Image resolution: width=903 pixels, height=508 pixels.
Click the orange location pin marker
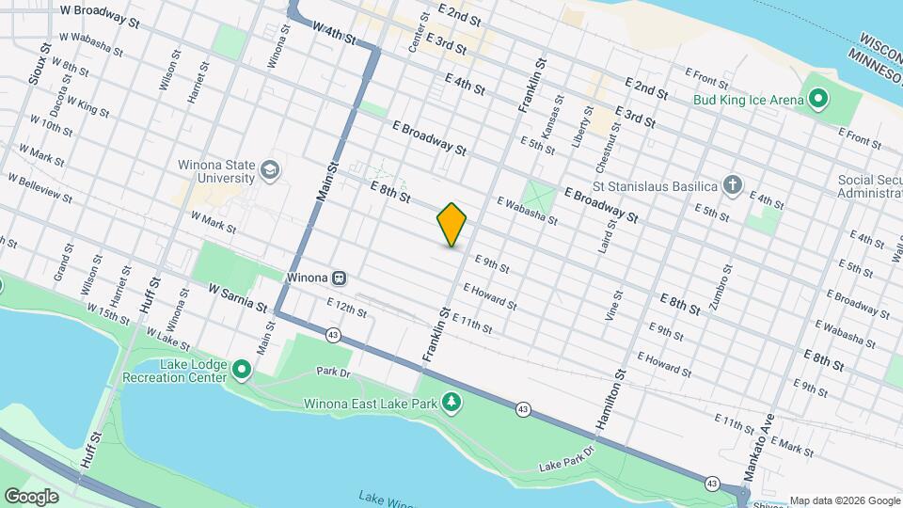click(x=451, y=224)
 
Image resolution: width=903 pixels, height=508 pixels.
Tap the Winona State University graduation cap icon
click(x=270, y=170)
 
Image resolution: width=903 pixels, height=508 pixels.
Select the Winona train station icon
click(x=340, y=278)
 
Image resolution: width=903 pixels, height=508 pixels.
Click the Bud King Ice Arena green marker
click(x=817, y=99)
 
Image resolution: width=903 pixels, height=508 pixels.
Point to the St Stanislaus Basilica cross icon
click(x=733, y=185)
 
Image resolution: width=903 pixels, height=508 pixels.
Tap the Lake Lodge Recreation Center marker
click(x=242, y=370)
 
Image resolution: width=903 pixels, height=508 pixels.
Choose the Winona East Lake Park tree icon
click(x=452, y=404)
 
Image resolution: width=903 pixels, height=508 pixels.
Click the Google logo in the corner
click(x=31, y=496)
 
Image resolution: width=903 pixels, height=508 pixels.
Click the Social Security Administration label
click(x=870, y=186)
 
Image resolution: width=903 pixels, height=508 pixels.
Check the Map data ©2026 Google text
click(x=844, y=500)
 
